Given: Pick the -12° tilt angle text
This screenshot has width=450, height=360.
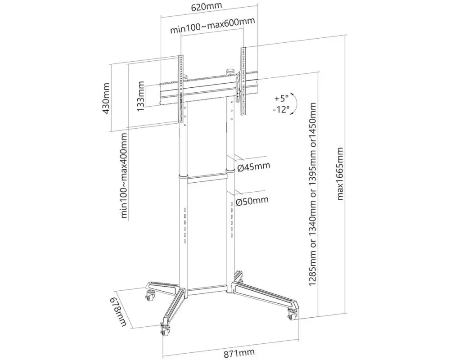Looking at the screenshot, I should click(x=281, y=110).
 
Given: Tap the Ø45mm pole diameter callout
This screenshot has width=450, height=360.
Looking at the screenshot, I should click(x=253, y=166).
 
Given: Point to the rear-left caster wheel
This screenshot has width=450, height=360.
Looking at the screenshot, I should click(x=150, y=295).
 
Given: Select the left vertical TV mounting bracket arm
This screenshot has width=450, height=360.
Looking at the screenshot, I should click(x=181, y=88).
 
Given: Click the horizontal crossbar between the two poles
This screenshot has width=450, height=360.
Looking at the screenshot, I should click(x=207, y=179).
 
